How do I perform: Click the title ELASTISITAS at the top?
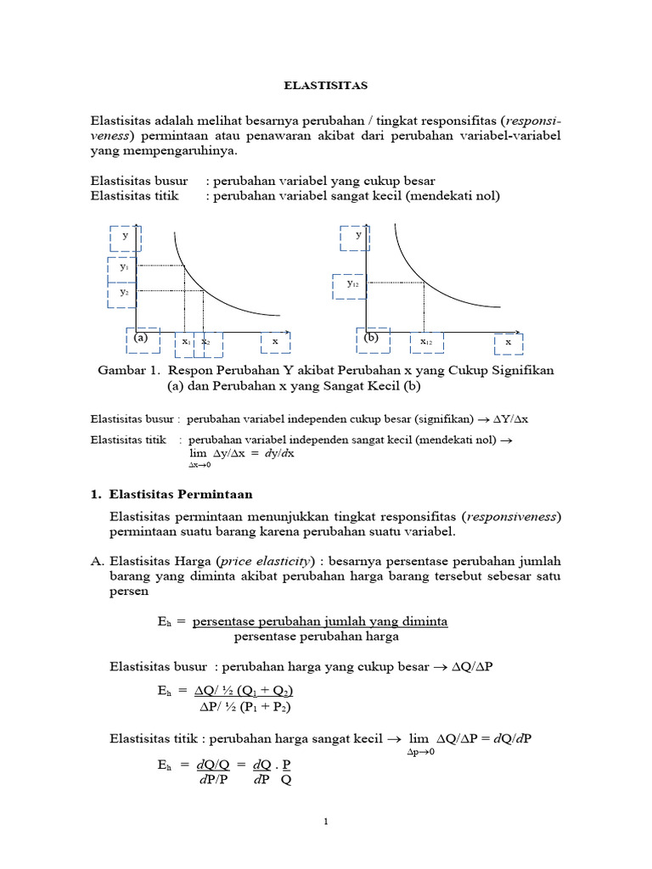click(325, 85)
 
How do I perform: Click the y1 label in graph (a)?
click(125, 266)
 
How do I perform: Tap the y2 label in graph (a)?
click(124, 291)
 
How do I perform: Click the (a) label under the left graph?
click(141, 337)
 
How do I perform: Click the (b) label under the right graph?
click(371, 337)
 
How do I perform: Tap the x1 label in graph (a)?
click(186, 341)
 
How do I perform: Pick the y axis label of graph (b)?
click(357, 235)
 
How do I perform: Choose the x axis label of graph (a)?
click(275, 341)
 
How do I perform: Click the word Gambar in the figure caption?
click(124, 370)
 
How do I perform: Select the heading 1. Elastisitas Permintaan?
click(171, 494)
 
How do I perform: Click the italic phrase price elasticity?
click(265, 562)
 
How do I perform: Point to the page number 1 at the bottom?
click(326, 821)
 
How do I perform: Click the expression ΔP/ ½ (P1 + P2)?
click(250, 706)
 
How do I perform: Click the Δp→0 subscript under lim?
click(420, 753)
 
